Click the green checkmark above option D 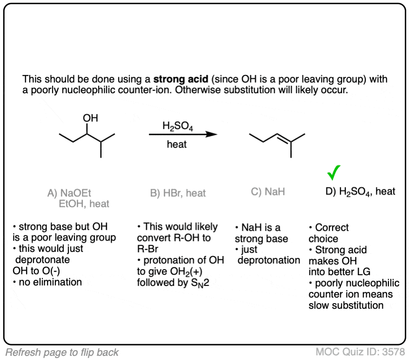334,173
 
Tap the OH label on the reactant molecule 90,118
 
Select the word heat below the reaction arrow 177,145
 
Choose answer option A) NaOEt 73,192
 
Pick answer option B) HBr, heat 178,193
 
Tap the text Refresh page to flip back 62,352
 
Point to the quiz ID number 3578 393,352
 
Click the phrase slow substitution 346,305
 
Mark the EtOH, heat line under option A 84,204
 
